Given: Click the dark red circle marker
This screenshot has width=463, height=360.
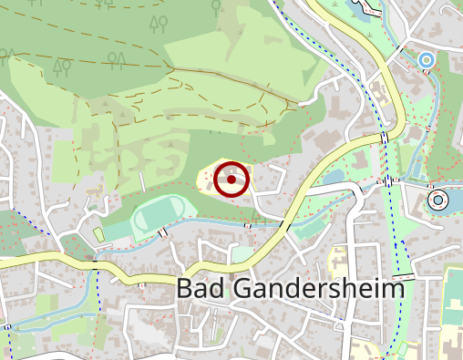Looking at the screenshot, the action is coord(232,180).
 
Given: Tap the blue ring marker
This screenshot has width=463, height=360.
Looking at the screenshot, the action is coord(425,60).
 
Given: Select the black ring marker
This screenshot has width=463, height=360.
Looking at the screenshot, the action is coord(438,199).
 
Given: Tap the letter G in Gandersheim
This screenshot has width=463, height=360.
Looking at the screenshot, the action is coord(240,289).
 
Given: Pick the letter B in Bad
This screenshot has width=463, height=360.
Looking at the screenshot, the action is coord(183,289).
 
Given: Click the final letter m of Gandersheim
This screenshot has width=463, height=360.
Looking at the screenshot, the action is coord(391,291).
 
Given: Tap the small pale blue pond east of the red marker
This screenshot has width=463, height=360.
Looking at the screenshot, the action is coord(334,178).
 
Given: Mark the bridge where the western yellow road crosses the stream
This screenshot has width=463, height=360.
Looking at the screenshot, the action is coord(95,263).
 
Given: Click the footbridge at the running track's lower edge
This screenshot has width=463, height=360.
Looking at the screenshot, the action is coord(162,233).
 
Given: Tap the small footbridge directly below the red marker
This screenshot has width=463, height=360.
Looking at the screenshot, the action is coord(248,224).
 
